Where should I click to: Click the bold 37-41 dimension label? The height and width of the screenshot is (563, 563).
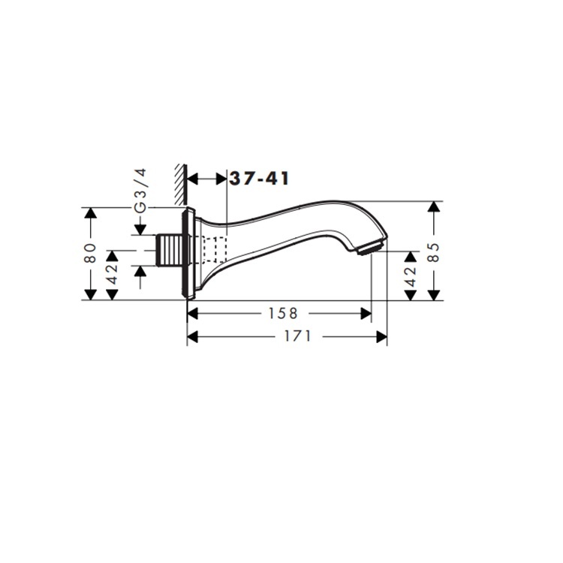[x=259, y=179]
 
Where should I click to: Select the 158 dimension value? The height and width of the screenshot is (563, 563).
[x=283, y=314]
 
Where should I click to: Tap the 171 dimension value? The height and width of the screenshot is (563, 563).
[x=298, y=336]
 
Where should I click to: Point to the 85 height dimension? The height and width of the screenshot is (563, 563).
[x=434, y=252]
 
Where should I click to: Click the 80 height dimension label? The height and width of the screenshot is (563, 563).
[x=90, y=252]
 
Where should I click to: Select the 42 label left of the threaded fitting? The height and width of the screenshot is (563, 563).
[x=113, y=274]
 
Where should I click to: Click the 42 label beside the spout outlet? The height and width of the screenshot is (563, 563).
[x=411, y=276]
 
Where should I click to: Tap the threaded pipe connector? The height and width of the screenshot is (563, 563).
[x=170, y=250]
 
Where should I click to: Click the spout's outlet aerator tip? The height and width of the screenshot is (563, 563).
[x=371, y=248]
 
